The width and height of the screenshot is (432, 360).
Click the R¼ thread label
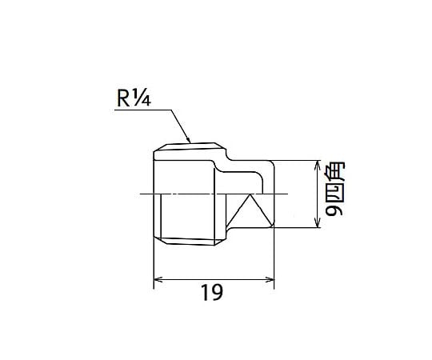134,98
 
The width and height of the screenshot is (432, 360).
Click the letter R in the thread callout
123,99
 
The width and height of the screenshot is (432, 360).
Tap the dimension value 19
212,293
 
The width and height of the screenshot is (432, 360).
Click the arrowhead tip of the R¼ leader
190,142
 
